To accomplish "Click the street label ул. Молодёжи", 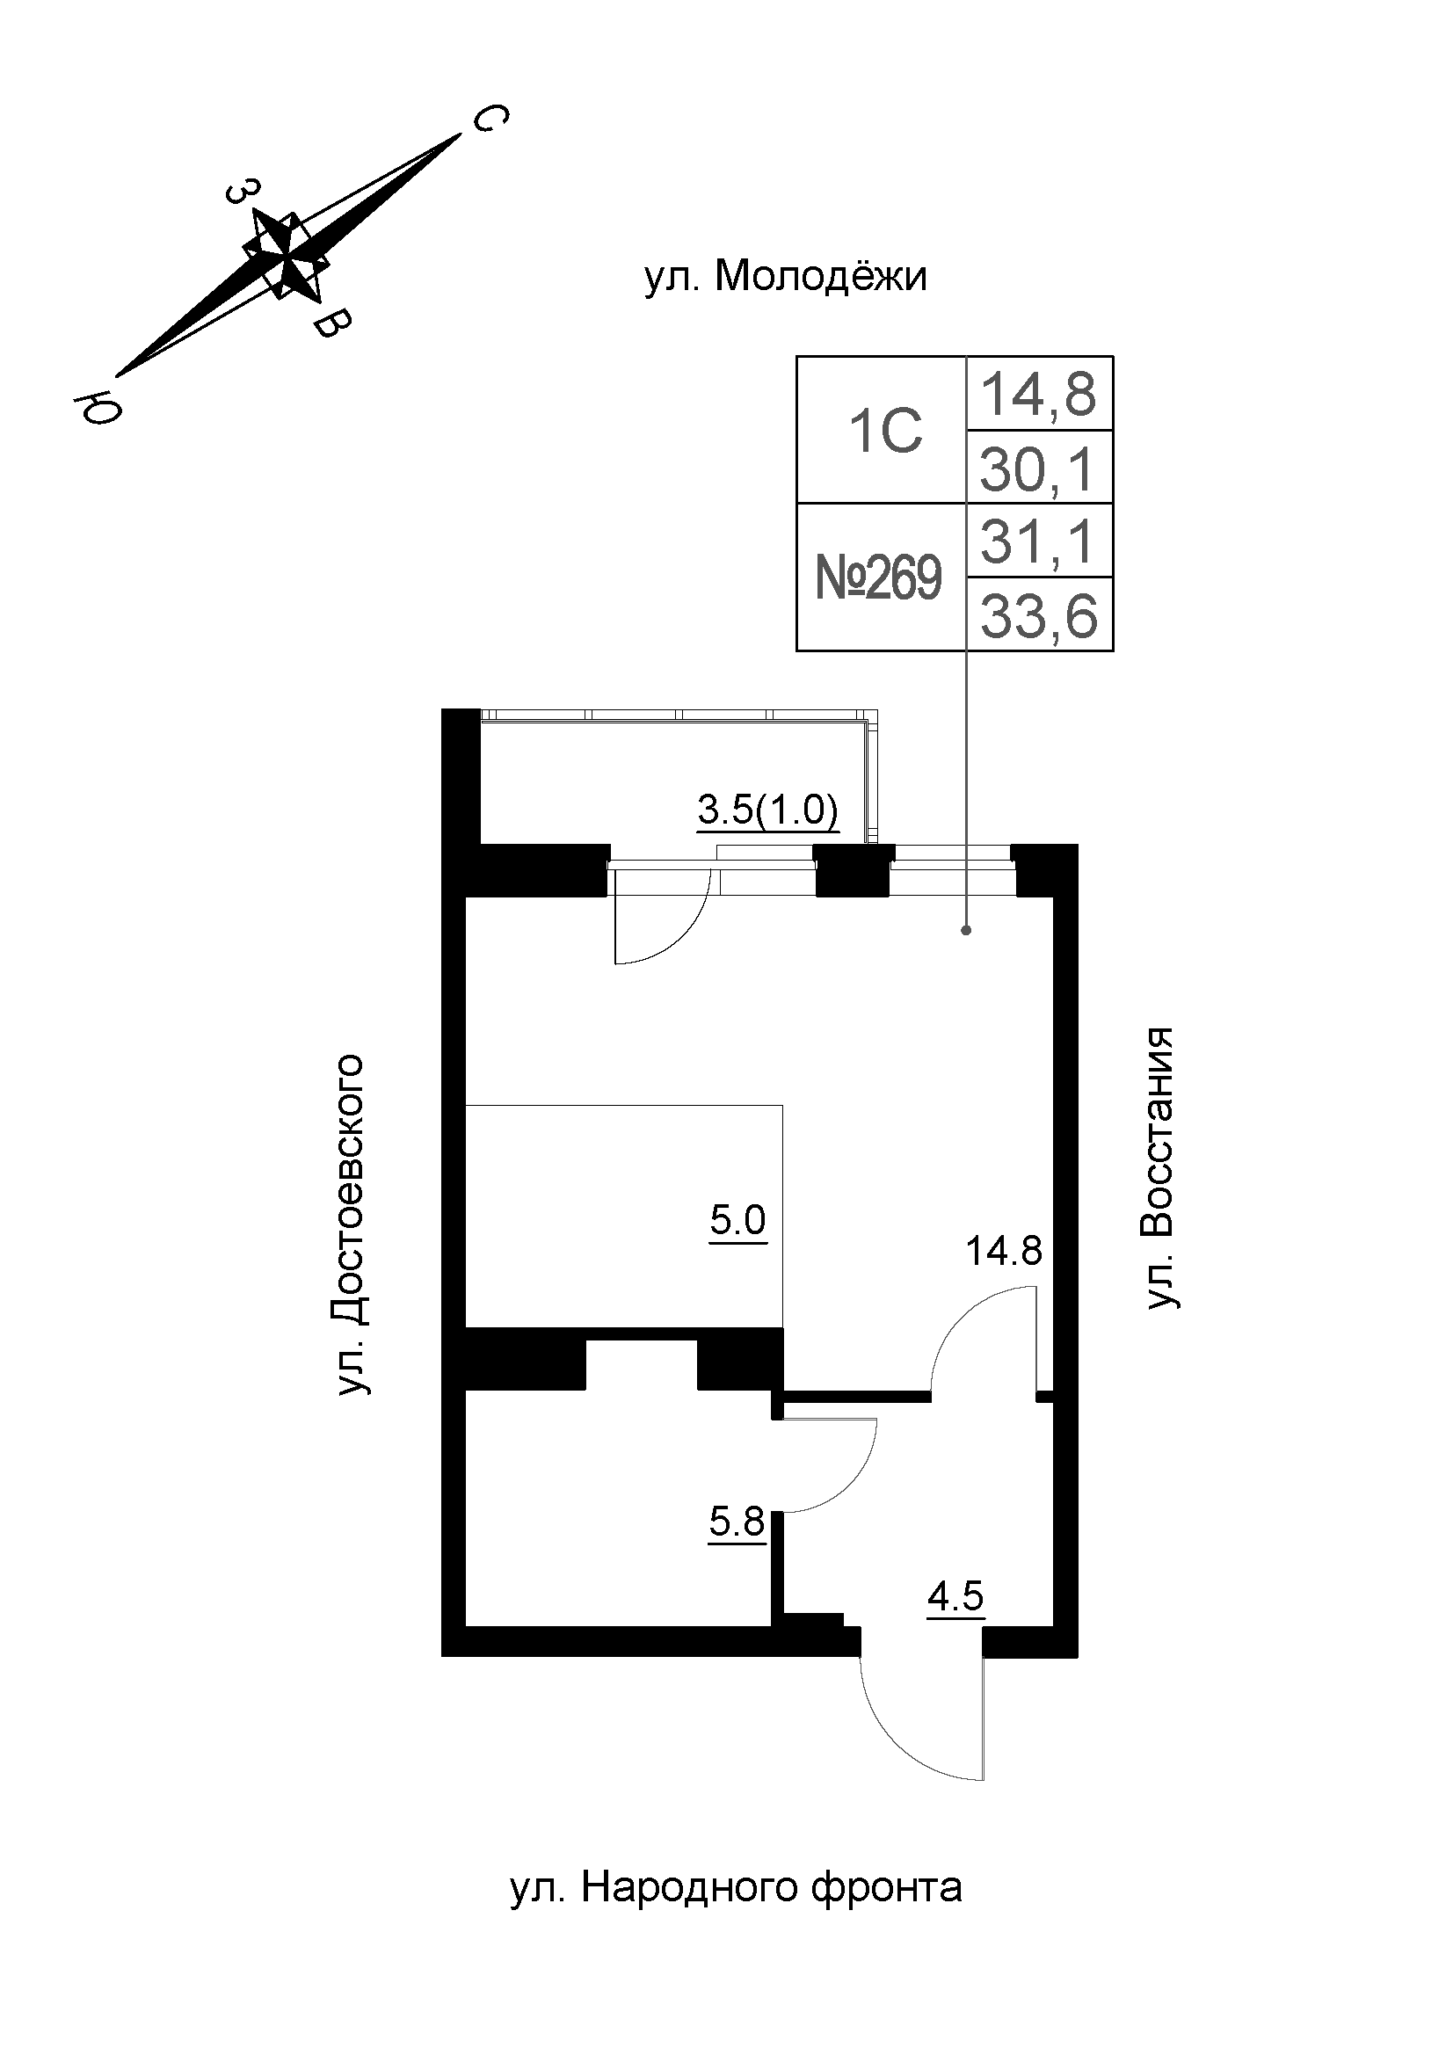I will tap(785, 278).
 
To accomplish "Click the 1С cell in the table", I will tap(884, 432).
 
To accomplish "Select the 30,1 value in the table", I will tap(1037, 469).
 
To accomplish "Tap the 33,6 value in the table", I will tap(1038, 616).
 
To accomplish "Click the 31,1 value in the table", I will tap(1037, 542).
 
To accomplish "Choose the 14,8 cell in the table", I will tap(1038, 394).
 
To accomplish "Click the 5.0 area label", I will tap(737, 1221).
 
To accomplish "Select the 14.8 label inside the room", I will tap(1004, 1251).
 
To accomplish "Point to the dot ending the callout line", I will tap(966, 930).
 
